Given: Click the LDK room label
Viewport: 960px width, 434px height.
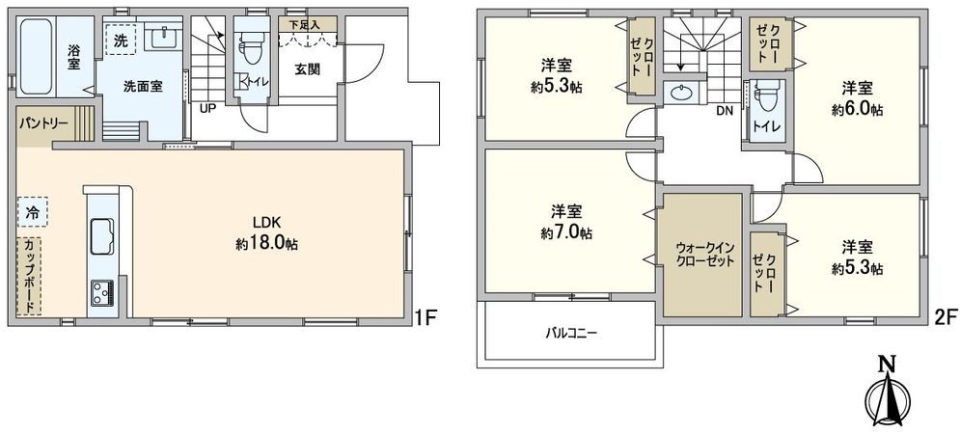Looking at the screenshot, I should click(266, 221).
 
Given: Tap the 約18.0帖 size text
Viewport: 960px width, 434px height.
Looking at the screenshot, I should click(266, 244).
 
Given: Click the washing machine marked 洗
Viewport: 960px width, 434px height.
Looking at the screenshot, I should click(122, 41).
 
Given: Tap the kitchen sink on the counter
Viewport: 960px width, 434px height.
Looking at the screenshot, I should click(102, 235).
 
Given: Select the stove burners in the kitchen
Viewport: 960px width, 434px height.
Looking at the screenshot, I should click(102, 291).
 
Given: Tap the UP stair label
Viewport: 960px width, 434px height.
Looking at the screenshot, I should click(206, 108).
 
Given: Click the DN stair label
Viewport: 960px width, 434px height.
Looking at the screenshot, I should click(723, 109).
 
